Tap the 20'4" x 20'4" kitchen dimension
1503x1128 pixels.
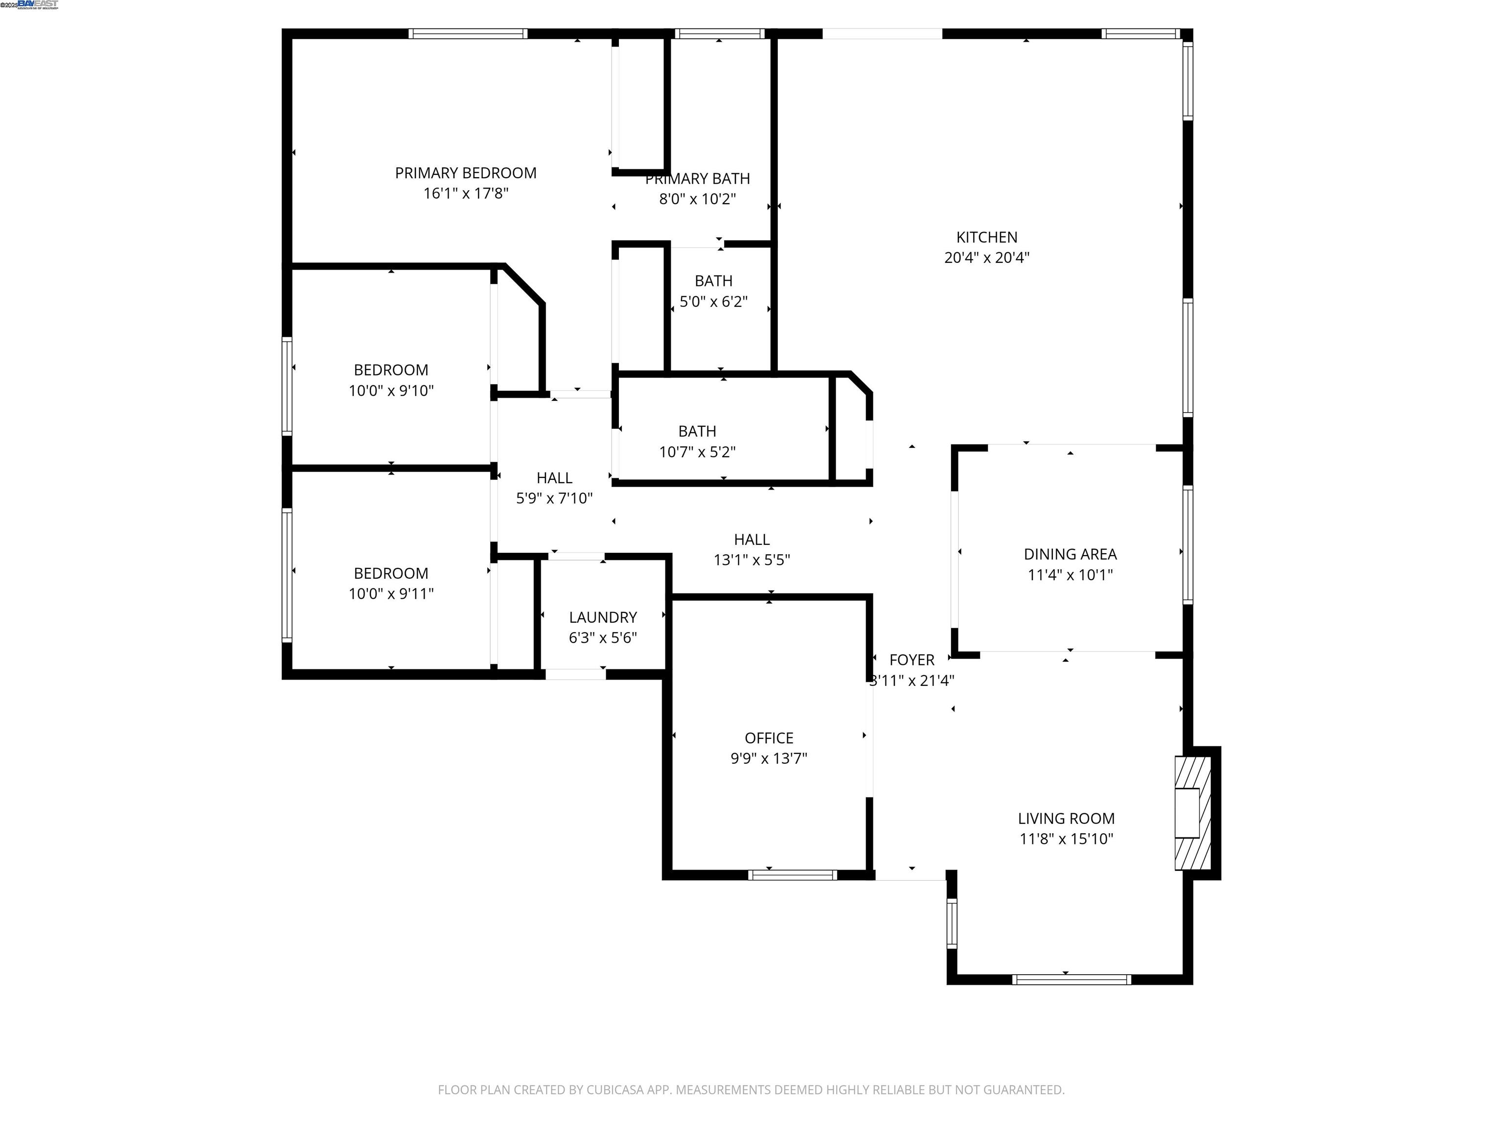(x=987, y=258)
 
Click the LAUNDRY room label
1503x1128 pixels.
(x=603, y=617)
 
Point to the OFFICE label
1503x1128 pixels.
(x=769, y=738)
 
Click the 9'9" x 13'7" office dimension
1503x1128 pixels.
(x=769, y=758)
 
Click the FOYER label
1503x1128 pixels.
(x=912, y=659)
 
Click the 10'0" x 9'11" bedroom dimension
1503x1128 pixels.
(x=391, y=593)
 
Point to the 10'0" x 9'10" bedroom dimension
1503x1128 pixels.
(x=391, y=390)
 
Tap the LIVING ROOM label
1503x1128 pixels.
(x=1066, y=819)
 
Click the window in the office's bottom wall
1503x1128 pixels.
(x=792, y=875)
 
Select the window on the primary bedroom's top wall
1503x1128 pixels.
(x=467, y=33)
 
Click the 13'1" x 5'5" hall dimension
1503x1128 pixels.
(x=751, y=560)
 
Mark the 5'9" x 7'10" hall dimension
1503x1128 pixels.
(x=554, y=498)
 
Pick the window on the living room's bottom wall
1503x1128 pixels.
(x=1071, y=979)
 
